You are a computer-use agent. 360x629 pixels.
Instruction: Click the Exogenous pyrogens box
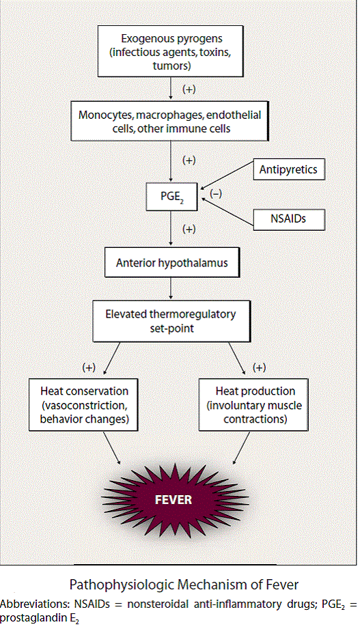171,51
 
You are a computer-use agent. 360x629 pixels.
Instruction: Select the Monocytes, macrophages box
170,121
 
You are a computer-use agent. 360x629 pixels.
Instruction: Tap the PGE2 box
171,197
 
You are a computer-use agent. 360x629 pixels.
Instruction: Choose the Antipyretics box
288,169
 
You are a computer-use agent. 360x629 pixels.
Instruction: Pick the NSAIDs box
288,219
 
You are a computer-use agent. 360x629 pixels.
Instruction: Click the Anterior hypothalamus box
172,263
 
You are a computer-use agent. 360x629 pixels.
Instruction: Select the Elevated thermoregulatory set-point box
171,321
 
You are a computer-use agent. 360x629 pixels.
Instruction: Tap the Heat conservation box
84,405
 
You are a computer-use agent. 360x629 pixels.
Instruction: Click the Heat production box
253,405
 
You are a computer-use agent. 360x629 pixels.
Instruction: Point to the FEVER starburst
174,499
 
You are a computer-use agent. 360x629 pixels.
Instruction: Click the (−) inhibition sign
215,194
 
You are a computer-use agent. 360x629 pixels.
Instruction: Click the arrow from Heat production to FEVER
241,448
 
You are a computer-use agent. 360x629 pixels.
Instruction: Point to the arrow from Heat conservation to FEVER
111,448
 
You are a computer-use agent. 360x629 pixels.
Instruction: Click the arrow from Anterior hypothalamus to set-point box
171,289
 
